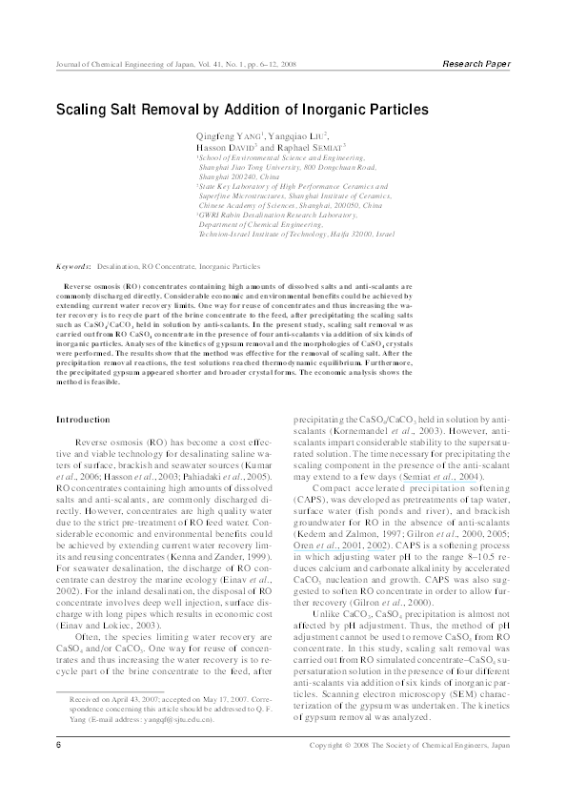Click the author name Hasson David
225,149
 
